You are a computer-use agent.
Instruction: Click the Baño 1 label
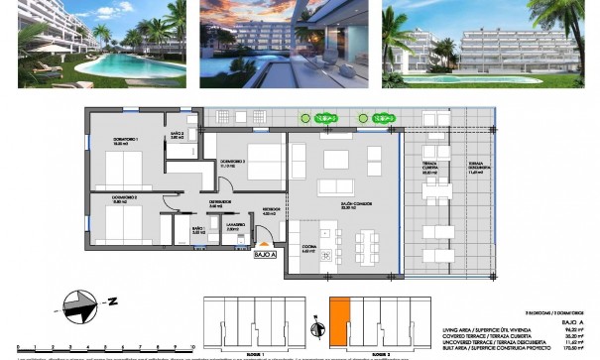(x=197, y=230)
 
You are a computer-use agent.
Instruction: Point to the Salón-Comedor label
(x=348, y=207)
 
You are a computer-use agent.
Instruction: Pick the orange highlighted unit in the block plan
(x=339, y=322)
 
